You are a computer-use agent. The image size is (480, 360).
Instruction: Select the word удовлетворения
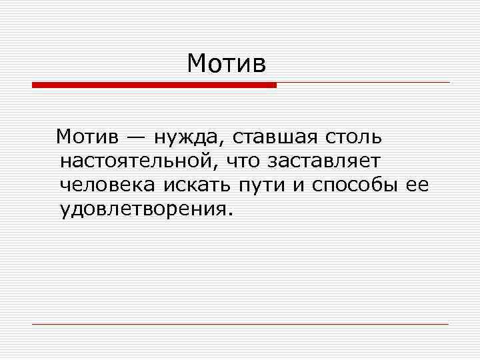pos(141,210)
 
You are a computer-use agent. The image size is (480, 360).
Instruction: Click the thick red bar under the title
pos(154,85)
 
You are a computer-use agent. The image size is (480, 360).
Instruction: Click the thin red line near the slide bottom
pos(240,324)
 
